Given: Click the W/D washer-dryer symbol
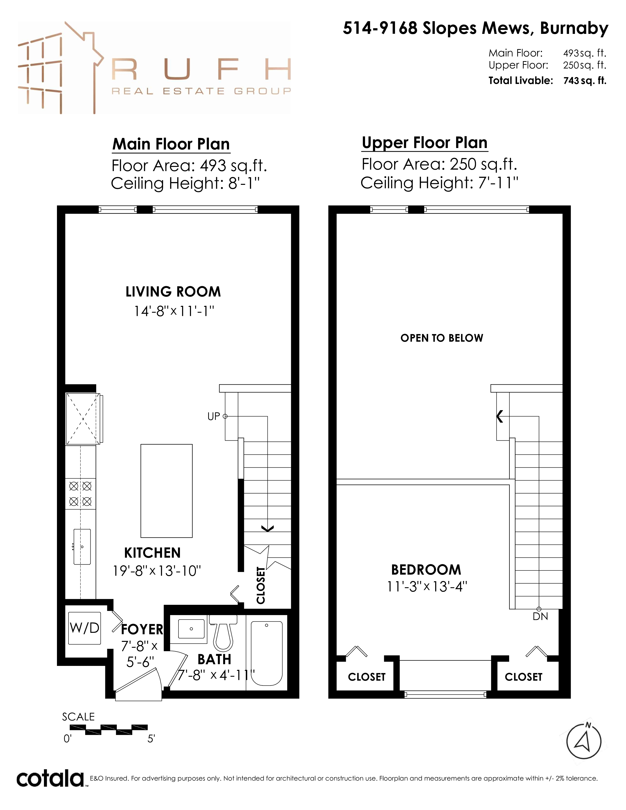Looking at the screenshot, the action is click(84, 628).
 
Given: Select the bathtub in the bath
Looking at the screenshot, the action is click(267, 653).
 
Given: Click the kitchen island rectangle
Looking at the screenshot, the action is click(166, 491).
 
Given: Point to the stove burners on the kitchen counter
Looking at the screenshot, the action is click(81, 494).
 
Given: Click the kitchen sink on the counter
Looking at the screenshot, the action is click(82, 547).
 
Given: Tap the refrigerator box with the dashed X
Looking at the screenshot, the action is click(83, 419).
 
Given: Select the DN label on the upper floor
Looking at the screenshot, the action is click(540, 616).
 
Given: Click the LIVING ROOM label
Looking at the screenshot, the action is click(173, 292).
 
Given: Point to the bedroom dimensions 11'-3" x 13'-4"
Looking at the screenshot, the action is click(427, 587).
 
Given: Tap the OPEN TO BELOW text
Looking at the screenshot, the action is click(442, 338).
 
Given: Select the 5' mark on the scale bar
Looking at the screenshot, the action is click(151, 739).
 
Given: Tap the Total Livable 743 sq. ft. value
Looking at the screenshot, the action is click(585, 81).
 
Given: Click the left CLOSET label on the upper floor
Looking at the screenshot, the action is click(367, 677).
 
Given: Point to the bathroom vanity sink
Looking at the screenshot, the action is click(191, 629).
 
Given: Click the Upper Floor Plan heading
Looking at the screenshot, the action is click(425, 143).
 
